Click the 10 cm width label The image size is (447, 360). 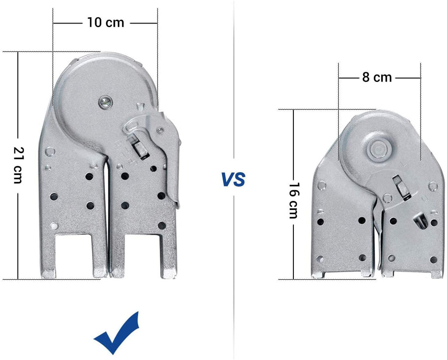point(105,22)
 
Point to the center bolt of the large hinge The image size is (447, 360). point(104,102)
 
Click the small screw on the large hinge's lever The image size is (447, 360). point(161,130)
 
